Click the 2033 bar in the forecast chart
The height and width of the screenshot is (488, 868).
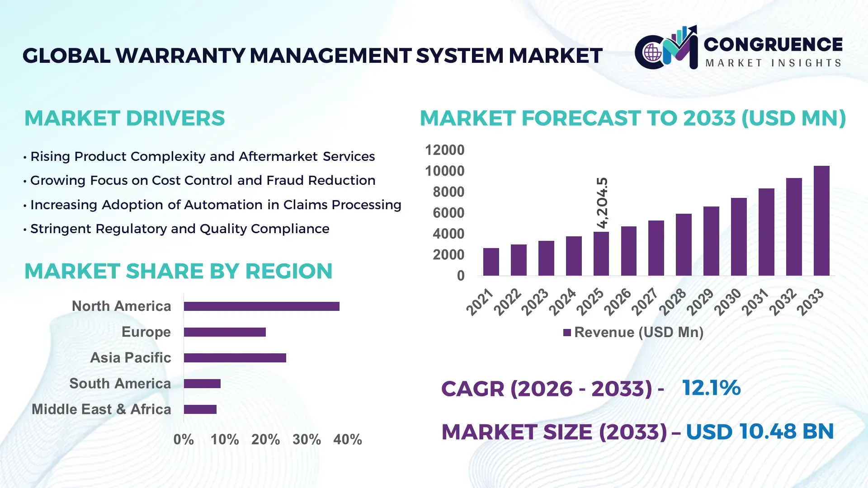tap(821, 221)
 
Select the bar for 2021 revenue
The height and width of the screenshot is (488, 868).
tap(491, 262)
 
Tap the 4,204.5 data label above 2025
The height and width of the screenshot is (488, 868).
tap(602, 203)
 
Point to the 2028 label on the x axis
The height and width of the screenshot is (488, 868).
tap(673, 302)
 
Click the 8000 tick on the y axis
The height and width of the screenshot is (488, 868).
tap(448, 192)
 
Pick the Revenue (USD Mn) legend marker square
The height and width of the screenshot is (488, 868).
tap(567, 333)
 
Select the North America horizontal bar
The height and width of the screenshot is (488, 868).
tap(261, 306)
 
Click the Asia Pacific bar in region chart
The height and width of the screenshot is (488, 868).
tap(235, 358)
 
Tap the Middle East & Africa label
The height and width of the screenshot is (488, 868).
tap(101, 409)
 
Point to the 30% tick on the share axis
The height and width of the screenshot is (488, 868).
tap(307, 440)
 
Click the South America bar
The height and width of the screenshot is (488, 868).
tap(202, 384)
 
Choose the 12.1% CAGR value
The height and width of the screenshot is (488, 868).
tap(711, 388)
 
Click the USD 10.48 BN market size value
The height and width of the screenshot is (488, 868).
tap(759, 432)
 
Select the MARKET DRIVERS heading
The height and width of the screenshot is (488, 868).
tap(124, 118)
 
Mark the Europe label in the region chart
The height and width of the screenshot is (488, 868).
tap(146, 332)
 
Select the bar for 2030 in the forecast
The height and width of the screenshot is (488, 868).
tap(739, 237)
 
